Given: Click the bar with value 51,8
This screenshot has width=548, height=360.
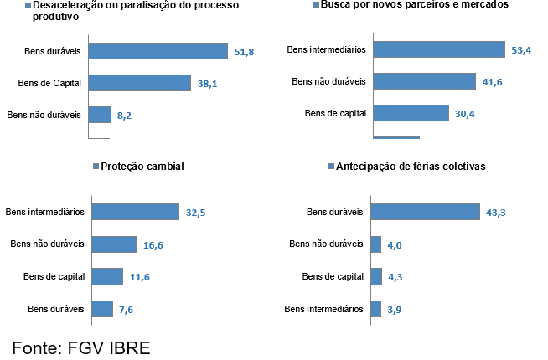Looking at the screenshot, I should (158, 52).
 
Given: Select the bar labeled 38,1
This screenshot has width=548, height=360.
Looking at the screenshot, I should (138, 83).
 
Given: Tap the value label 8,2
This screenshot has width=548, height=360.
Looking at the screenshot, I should (124, 116).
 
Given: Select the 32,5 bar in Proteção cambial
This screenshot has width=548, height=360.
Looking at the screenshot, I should (136, 213).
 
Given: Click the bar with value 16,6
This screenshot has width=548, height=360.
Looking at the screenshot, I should (114, 244).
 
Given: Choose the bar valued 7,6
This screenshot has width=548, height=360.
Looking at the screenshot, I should (102, 309).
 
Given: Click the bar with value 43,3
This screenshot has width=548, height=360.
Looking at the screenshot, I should (425, 213).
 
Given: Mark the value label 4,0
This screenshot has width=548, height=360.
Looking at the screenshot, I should (395, 244).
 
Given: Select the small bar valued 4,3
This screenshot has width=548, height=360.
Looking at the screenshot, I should (376, 277).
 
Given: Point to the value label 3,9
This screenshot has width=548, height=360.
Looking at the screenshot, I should (395, 309).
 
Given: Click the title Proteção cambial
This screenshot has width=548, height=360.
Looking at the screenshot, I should (142, 166).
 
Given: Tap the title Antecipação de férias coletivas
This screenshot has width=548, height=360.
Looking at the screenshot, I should (413, 166).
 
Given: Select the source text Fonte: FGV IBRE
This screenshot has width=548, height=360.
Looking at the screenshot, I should (81, 347).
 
